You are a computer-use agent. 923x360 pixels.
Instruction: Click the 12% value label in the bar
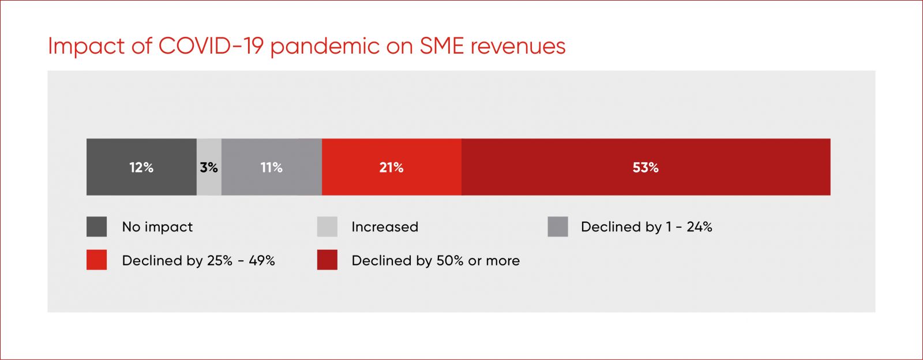pos(141,167)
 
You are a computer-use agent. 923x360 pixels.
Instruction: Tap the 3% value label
pos(209,167)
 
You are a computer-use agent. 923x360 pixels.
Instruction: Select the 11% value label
pos(272,167)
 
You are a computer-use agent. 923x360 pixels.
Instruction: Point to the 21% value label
pos(392,167)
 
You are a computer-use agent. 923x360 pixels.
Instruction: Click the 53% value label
pos(646,167)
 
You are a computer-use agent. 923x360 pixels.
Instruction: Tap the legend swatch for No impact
pos(96,227)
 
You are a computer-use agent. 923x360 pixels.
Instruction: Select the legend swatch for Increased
pos(327,227)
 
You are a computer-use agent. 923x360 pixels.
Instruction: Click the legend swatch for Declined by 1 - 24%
pos(558,227)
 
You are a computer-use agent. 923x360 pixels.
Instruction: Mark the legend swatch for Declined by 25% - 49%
pos(96,260)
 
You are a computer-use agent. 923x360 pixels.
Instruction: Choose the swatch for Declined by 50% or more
pos(327,260)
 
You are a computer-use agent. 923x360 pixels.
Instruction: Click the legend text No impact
pos(157,227)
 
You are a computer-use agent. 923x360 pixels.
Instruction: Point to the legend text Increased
pos(385,227)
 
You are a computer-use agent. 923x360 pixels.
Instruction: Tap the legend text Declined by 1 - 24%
pos(647,227)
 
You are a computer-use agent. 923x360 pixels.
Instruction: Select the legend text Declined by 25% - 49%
pos(198,261)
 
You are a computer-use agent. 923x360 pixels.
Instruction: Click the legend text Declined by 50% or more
pos(436,261)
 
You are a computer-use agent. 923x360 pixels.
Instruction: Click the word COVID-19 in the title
pos(211,46)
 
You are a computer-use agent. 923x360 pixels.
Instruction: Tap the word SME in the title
pos(442,46)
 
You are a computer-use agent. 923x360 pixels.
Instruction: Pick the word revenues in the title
pos(518,47)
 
